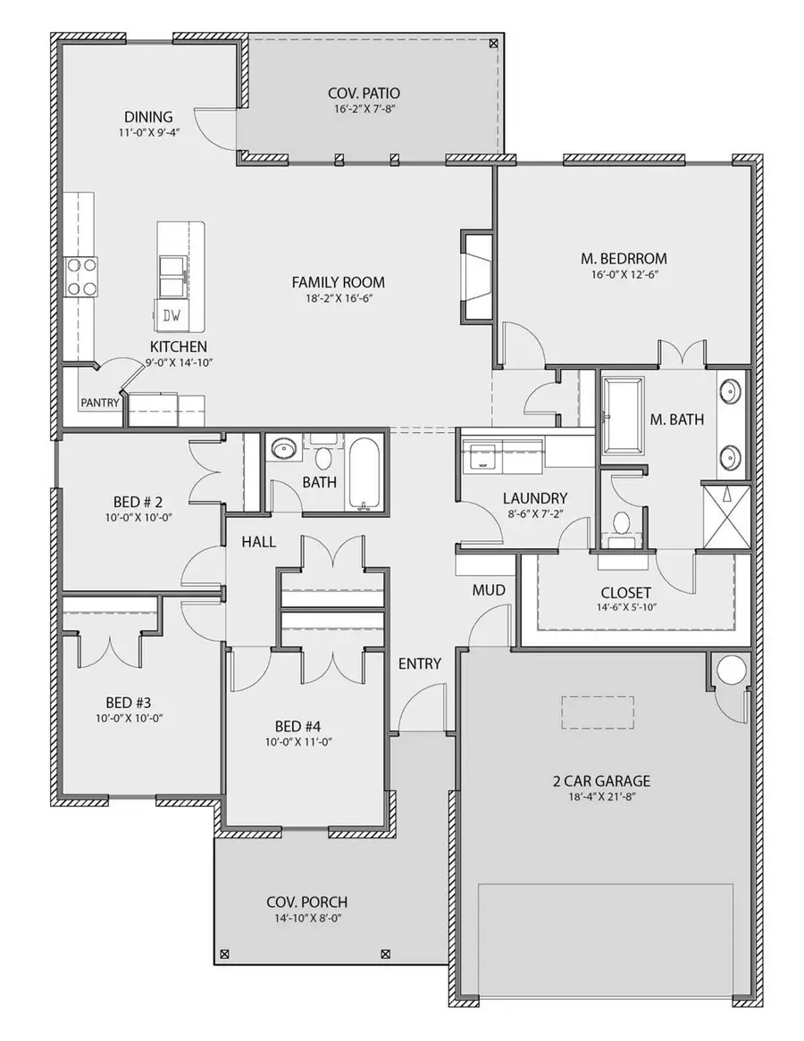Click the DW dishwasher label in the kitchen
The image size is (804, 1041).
[x=170, y=314]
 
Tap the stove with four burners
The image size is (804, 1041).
[x=80, y=276]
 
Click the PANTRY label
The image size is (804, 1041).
[x=99, y=403]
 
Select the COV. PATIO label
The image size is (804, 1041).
[x=364, y=93]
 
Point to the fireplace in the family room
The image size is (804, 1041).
[x=476, y=276]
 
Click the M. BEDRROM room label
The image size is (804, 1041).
[x=624, y=259]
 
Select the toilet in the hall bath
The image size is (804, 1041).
[x=322, y=457]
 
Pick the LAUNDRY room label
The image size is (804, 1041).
[x=534, y=498]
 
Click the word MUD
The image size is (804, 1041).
[x=489, y=590]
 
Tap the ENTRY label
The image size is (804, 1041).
[x=420, y=663]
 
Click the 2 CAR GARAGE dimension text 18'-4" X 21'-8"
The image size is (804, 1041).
[x=600, y=798]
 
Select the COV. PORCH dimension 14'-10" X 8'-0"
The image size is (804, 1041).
[x=306, y=918]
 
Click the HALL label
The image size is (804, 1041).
[x=258, y=542]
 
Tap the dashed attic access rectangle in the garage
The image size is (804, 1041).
[x=598, y=712]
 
